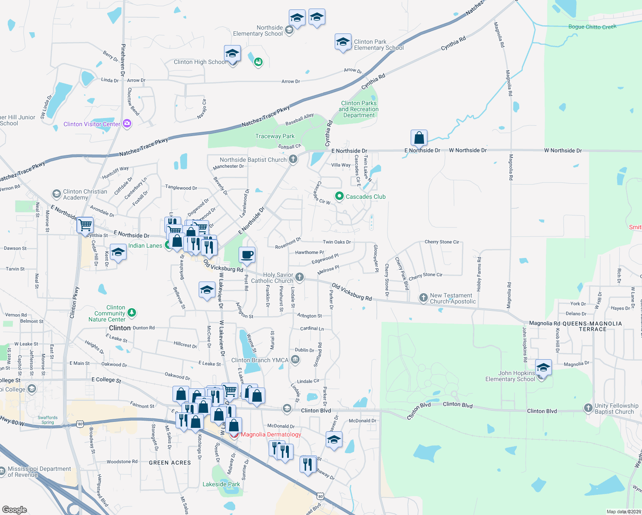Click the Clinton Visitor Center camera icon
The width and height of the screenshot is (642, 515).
127,124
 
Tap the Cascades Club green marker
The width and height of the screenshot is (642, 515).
339,196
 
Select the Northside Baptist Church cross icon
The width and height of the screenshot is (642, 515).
293,160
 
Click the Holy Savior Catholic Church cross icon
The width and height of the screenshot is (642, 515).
300,277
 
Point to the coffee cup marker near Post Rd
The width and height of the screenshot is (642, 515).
247,255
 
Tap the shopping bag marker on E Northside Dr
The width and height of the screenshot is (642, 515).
419,138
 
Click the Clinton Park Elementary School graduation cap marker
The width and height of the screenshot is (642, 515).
343,42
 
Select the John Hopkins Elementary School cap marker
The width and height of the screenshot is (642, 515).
543,368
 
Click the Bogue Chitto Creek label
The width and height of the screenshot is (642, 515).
592,27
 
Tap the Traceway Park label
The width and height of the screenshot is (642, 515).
275,136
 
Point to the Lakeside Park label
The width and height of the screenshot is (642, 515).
221,484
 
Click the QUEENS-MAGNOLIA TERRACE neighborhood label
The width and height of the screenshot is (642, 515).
592,326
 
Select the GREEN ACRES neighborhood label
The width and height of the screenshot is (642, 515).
170,463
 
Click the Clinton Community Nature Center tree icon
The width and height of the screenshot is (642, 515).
132,313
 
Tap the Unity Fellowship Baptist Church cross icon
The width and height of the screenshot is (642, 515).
588,408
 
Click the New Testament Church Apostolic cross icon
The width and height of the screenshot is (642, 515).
424,297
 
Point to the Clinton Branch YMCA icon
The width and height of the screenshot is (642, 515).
295,360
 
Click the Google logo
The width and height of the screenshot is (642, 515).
15,509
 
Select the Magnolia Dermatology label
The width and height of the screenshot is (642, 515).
271,434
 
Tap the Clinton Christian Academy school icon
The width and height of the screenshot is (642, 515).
56,194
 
